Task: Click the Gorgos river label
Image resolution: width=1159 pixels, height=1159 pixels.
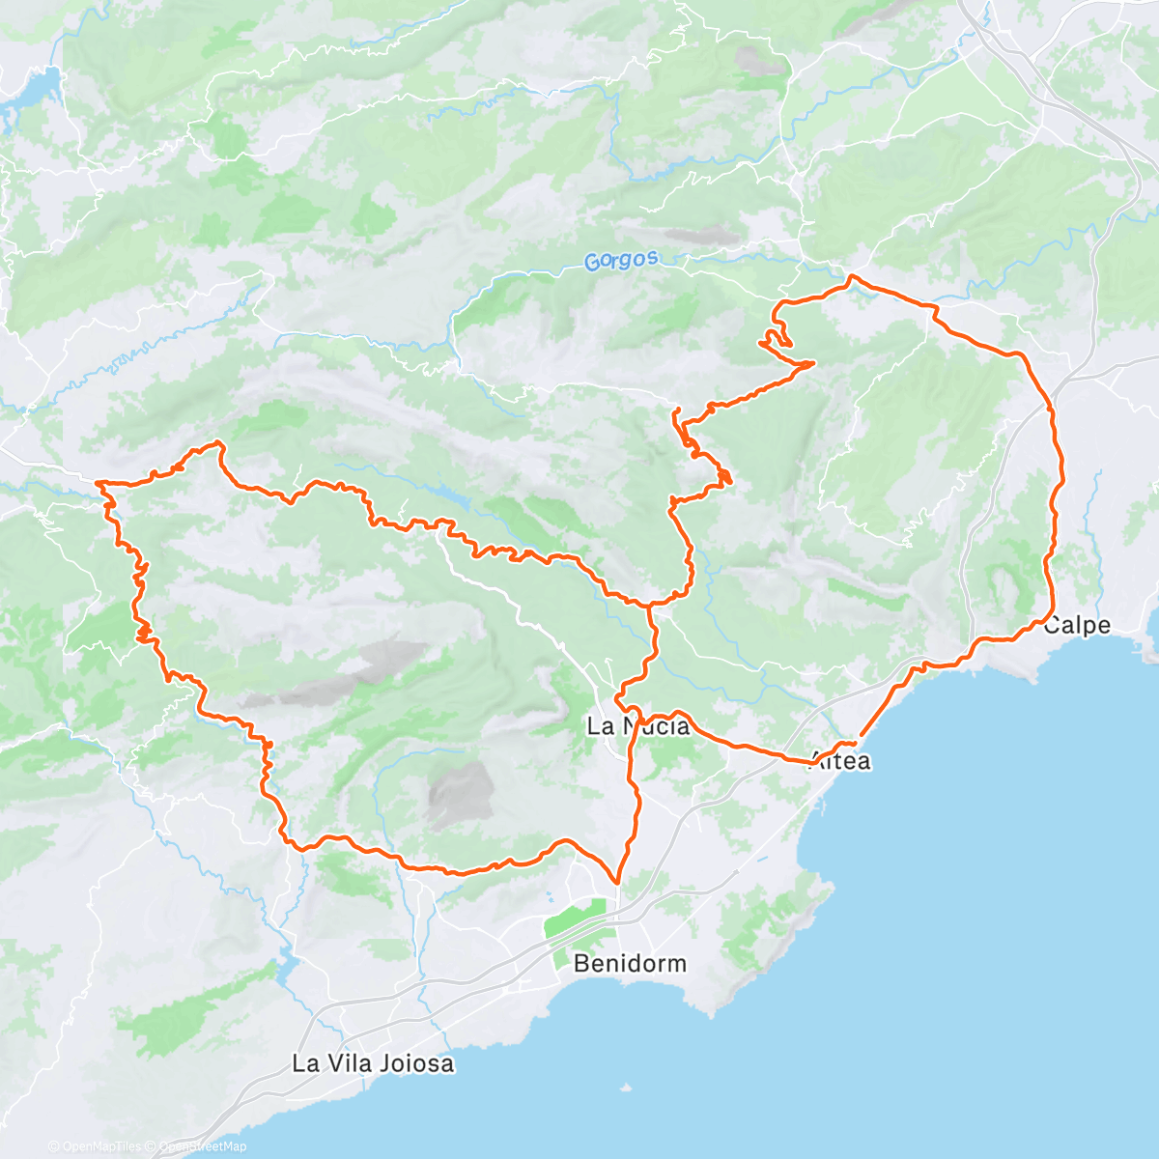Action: coord(622,260)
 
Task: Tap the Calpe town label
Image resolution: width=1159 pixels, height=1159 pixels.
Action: coord(1077,625)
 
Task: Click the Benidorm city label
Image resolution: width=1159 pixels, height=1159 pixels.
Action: coord(630,963)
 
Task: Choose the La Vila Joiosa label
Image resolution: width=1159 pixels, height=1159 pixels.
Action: coord(373,1064)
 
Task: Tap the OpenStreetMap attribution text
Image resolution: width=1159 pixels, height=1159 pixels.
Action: coord(202,1146)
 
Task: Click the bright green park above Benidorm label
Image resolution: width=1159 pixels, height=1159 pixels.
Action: coord(578,918)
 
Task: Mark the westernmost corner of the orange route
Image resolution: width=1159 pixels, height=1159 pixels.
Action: coord(99,482)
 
